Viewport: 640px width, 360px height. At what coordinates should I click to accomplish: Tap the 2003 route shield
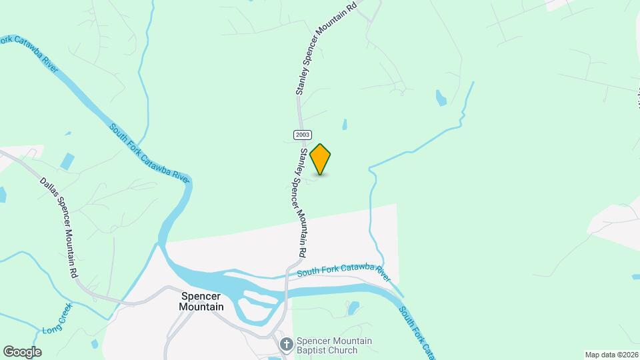click(x=301, y=135)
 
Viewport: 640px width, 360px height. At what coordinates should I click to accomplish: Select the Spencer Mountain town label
click(x=201, y=301)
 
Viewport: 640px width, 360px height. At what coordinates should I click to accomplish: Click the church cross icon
click(x=286, y=345)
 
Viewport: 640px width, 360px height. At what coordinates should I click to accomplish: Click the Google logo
click(x=22, y=352)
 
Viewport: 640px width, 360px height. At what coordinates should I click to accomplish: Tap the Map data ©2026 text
click(x=611, y=355)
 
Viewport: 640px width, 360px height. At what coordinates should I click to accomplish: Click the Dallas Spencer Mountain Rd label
click(x=59, y=227)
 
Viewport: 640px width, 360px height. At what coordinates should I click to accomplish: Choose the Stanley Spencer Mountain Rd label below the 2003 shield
click(x=302, y=203)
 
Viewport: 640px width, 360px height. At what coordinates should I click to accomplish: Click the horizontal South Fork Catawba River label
click(x=343, y=270)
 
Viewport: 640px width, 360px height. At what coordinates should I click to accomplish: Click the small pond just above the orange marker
click(x=345, y=124)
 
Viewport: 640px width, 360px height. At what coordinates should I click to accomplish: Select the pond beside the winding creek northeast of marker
click(x=441, y=98)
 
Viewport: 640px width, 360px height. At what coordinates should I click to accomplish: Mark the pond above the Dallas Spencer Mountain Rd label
click(x=67, y=161)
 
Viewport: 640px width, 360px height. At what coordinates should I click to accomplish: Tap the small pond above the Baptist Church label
click(x=353, y=307)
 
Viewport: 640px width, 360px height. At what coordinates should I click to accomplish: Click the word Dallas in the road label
click(x=48, y=189)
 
